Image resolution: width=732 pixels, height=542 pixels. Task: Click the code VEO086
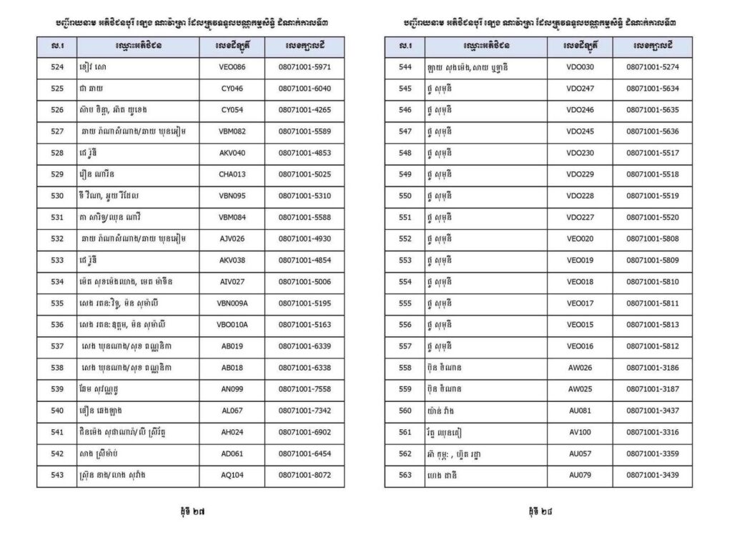[x=232, y=67]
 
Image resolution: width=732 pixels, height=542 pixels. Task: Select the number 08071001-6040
[x=305, y=89]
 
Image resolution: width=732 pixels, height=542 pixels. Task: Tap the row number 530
[x=57, y=196]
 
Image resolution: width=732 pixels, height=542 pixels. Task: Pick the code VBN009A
[x=232, y=303]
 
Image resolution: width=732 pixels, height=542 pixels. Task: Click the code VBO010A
[x=232, y=324]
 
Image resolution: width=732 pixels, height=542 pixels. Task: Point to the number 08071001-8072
[x=305, y=474]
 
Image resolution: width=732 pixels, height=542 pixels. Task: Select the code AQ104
[x=232, y=474]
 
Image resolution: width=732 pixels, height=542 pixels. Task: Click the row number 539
[x=57, y=388]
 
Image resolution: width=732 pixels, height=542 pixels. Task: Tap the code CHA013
[x=232, y=174]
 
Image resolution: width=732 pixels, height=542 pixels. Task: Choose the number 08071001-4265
[x=305, y=110]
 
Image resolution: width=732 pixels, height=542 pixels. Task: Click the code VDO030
[x=580, y=67]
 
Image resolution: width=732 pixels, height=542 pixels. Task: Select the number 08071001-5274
[x=652, y=67]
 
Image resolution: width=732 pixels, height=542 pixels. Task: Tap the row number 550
[x=405, y=196]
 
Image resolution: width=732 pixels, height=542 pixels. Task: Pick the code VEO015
[x=580, y=324]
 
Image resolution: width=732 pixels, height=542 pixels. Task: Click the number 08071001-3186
[x=652, y=367]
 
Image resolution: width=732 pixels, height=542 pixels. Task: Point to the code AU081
[x=580, y=410]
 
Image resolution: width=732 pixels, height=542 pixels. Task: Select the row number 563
[x=405, y=474]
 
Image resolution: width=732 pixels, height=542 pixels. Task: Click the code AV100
[x=580, y=431]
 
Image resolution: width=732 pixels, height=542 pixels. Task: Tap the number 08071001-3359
[x=652, y=453]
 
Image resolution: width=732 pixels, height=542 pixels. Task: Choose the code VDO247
[x=580, y=89]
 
